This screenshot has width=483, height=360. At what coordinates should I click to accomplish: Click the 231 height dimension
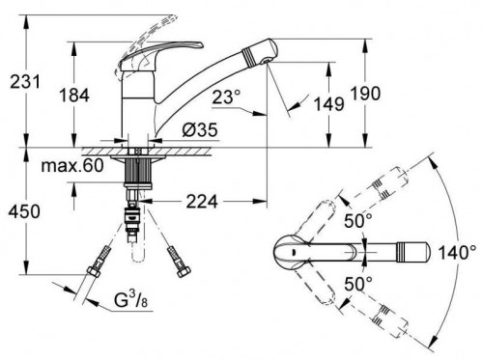tap(25, 81)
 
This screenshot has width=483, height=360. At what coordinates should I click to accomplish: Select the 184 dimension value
tap(74, 96)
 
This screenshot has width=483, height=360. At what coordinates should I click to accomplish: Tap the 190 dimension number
tap(365, 93)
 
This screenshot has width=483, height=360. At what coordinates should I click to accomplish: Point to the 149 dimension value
tap(329, 104)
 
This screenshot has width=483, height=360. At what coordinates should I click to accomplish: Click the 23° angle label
tap(226, 97)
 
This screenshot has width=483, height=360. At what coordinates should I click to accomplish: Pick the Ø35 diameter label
tap(200, 129)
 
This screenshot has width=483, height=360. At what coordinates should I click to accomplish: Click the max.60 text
tap(72, 165)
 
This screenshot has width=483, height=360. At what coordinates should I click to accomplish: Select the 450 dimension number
tap(24, 211)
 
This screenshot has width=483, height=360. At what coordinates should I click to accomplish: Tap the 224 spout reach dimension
tap(202, 202)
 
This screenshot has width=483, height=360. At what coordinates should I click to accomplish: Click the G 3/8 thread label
tap(131, 300)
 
